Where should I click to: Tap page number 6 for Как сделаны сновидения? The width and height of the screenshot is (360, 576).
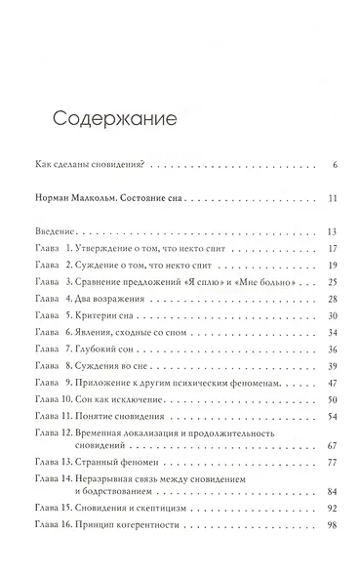pos(334,164)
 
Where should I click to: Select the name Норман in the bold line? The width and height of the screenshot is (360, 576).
pos(54,199)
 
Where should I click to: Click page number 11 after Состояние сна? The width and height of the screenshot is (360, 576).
pos(333,199)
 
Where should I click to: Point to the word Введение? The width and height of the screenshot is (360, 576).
pos(56,232)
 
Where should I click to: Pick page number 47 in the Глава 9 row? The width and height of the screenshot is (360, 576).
pos(332,383)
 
